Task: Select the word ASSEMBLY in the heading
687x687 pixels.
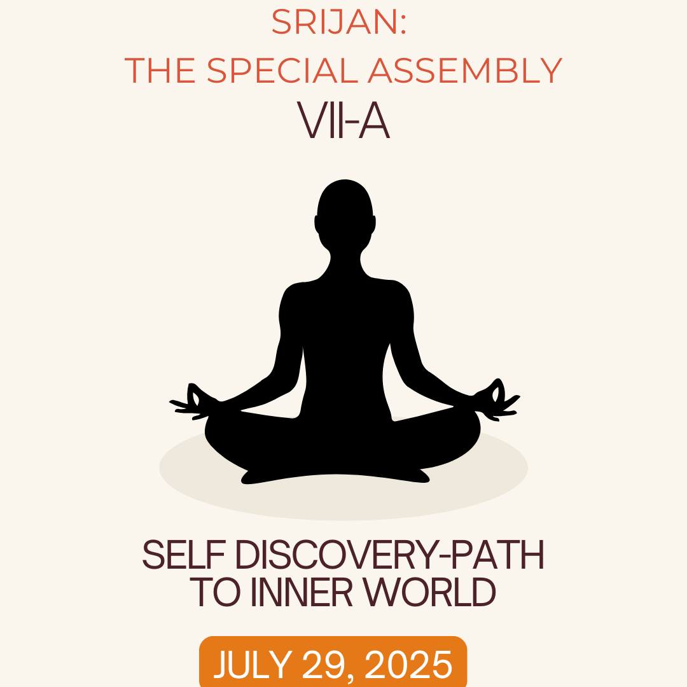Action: pos(465,70)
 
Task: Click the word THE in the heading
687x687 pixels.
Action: pos(160,70)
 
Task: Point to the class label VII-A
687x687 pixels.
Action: pos(343,120)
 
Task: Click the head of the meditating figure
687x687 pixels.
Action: pos(345,212)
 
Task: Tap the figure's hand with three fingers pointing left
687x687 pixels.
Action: pos(191,402)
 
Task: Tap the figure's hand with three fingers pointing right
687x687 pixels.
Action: pos(499,399)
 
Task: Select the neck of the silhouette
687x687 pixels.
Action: pos(345,263)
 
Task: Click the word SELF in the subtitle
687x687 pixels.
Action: pos(184,555)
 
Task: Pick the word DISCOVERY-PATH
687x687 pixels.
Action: pos(390,555)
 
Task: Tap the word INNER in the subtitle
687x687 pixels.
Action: pos(302,592)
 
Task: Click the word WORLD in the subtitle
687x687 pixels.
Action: pos(430,592)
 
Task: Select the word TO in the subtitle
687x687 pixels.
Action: pos(215,592)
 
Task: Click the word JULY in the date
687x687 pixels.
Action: pos(253,664)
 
